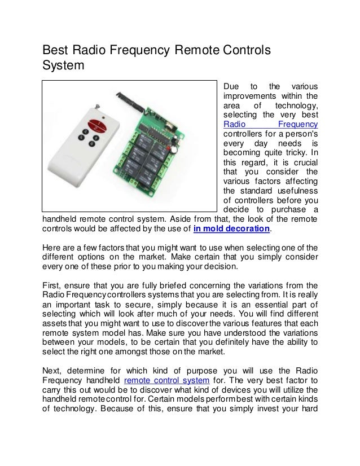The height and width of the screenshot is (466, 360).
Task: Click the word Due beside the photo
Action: [x=232, y=86]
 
